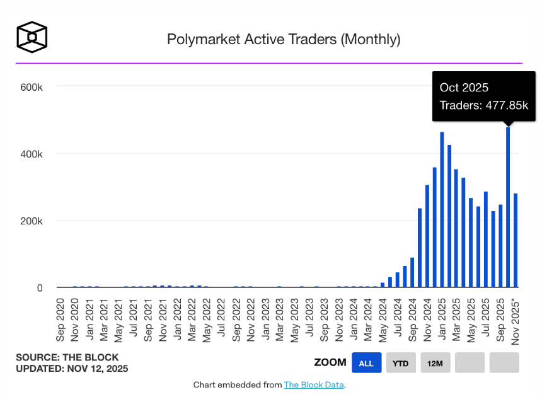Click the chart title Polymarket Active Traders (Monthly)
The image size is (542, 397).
(284, 39)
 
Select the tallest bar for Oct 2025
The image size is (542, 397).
(508, 208)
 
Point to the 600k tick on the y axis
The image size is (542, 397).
(31, 86)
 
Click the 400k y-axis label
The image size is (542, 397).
(31, 154)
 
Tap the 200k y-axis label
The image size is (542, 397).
(31, 221)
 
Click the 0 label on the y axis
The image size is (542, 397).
(40, 288)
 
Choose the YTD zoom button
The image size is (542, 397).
(401, 363)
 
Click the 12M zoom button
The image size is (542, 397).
(435, 363)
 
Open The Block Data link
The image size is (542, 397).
(313, 384)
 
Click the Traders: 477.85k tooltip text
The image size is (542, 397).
(483, 105)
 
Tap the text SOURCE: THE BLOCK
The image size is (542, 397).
(67, 357)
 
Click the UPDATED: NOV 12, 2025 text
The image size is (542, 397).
(72, 369)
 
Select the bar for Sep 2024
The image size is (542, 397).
(412, 273)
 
